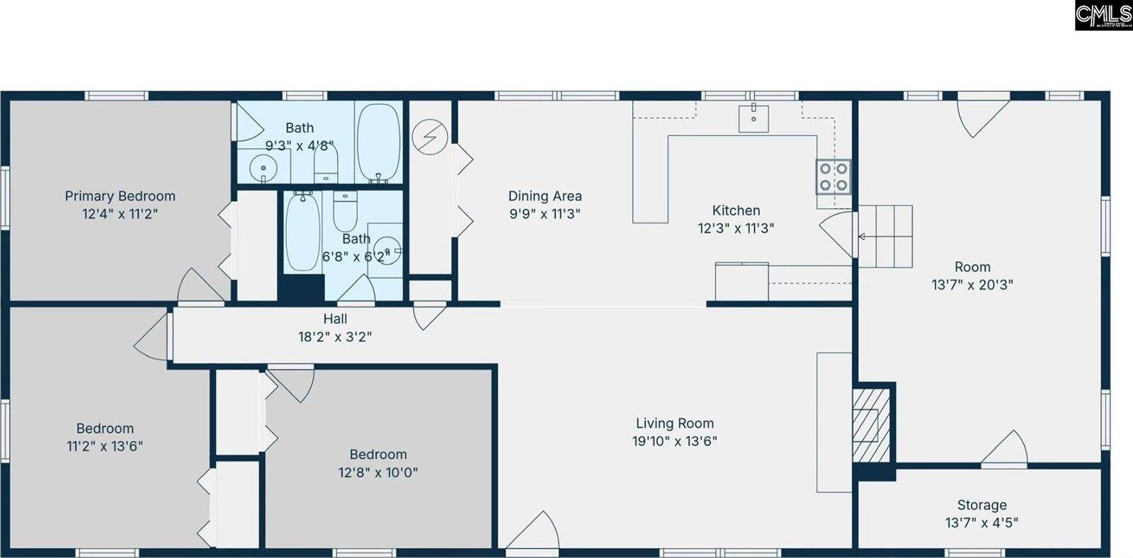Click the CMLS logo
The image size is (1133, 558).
1103,15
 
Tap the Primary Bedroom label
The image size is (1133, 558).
120,196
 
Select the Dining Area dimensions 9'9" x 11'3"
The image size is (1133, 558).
545,214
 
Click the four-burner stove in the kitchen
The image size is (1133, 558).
833,177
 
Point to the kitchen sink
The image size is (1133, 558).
753,118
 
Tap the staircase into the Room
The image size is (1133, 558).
885,236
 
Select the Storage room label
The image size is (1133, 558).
981,505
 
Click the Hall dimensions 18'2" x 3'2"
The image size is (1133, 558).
335,337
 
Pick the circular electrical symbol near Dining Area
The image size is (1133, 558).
430,137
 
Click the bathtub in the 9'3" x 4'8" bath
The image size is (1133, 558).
378,142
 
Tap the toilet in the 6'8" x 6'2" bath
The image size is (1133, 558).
346,211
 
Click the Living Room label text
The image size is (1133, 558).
674,423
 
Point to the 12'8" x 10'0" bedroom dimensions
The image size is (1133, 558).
378,472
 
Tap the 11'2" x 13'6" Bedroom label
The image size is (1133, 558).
105,428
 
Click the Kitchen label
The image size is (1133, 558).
736,210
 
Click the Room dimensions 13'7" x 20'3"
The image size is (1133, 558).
972,285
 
